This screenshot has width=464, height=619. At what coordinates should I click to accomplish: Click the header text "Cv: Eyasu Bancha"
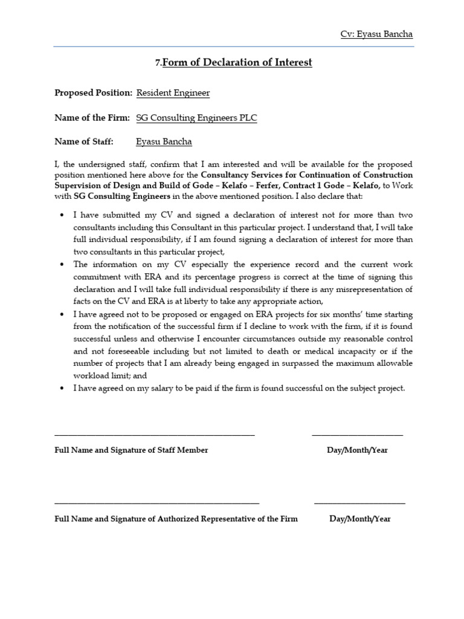tap(376, 34)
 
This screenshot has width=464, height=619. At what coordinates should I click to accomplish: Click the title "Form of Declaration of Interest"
tap(237, 62)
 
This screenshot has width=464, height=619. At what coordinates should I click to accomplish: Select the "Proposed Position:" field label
tap(93, 93)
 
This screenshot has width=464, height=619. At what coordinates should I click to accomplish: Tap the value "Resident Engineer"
tap(173, 93)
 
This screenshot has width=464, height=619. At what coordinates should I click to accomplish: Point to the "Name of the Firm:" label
tap(92, 118)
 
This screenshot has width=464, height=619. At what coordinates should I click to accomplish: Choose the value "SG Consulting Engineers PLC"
tap(196, 118)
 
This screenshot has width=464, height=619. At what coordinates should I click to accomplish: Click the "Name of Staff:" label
tap(84, 142)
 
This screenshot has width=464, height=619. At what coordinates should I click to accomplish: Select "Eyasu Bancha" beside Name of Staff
tap(164, 142)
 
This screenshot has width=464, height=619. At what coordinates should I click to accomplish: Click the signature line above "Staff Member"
tap(155, 435)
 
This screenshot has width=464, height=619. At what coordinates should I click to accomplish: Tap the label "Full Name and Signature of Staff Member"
tap(131, 450)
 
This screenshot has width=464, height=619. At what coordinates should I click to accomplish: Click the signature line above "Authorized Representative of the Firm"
tap(157, 503)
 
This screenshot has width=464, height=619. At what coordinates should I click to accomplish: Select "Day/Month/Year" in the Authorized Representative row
tap(360, 519)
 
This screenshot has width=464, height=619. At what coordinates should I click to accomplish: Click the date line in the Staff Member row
tap(357, 435)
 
